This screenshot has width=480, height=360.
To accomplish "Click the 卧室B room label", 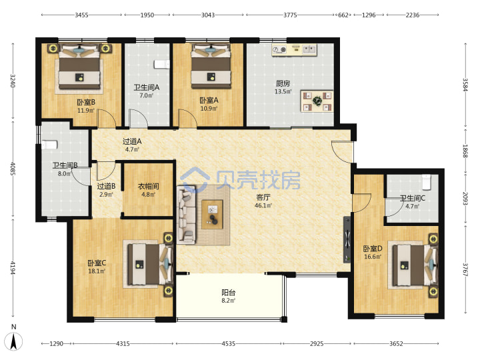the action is tap(86, 102).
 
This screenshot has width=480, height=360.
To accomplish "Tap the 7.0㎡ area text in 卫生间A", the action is tap(146, 95).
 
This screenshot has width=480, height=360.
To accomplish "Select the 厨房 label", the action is tap(283, 83).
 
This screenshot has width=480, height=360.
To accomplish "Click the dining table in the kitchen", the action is tap(317, 101).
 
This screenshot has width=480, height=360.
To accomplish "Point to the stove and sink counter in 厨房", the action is tap(294, 49).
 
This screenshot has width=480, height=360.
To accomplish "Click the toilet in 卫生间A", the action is tap(161, 64).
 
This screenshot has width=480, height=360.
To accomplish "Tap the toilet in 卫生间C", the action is tap(427, 182).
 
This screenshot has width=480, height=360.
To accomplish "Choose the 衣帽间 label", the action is tap(148, 187).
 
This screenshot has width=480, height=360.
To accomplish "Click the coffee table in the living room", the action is tap(212, 214).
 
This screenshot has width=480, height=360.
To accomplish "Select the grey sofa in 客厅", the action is tap(186, 214).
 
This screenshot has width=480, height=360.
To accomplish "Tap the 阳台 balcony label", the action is tap(229, 293).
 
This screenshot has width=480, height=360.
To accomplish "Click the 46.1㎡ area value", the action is tap(263, 206).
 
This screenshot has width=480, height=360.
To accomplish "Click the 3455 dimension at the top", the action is tap(82, 15).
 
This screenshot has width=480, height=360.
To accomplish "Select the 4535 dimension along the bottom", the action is tap(229, 344).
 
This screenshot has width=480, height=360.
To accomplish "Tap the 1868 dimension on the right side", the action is tap(465, 151).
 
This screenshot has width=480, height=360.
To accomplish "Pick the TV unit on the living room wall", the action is tap(347, 239).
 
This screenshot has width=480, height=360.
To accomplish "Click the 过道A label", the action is tap(132, 141).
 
